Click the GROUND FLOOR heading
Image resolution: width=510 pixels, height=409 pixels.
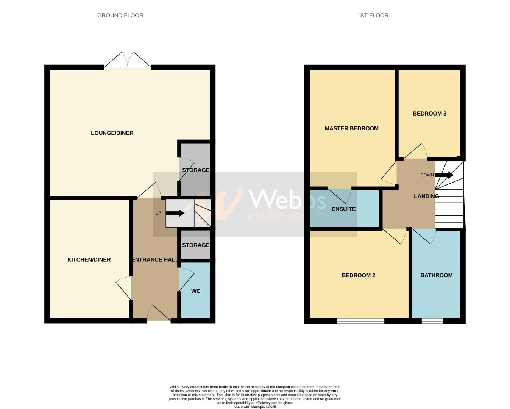[x=120, y=16]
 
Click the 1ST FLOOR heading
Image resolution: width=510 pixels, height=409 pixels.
[x=373, y=16]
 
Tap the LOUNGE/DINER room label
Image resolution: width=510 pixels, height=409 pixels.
[x=112, y=133]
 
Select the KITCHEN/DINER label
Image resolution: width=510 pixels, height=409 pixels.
[x=89, y=260]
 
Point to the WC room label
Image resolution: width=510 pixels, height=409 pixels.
[x=196, y=291]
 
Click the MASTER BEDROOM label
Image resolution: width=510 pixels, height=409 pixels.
[x=351, y=128]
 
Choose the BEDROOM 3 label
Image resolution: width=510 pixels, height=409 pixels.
[x=429, y=114]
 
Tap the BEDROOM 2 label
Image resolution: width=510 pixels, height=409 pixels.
[x=358, y=275]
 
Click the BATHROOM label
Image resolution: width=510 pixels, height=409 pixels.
[x=436, y=275]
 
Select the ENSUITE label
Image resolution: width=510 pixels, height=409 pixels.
[x=343, y=209]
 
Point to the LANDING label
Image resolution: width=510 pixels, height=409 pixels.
[x=426, y=196]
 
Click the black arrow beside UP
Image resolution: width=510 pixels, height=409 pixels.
[x=175, y=213]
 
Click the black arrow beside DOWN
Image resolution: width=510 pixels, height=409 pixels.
[x=444, y=175]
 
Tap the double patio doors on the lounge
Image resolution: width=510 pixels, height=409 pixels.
[x=128, y=61]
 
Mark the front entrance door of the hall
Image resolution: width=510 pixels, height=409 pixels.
[x=159, y=314]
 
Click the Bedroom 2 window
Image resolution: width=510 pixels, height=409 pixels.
[x=360, y=321]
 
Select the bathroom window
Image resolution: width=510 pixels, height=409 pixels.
[x=432, y=321]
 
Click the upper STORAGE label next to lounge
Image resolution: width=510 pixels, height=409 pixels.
[x=195, y=170]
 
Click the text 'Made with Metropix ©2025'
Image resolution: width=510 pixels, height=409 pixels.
[x=255, y=407]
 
